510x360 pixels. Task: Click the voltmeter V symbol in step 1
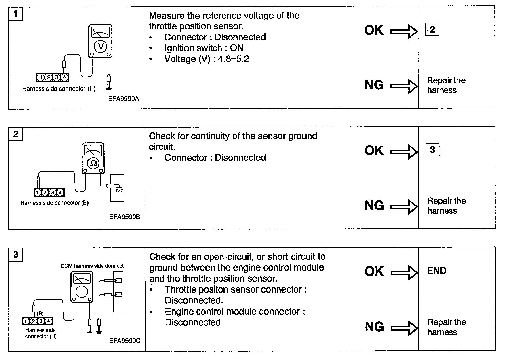(x=100, y=46)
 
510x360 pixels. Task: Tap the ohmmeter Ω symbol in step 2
(x=93, y=163)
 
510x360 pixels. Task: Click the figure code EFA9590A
(x=124, y=99)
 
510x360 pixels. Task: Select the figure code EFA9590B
(x=124, y=216)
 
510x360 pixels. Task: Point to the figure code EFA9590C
(x=124, y=341)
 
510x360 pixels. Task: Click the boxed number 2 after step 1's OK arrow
(x=432, y=30)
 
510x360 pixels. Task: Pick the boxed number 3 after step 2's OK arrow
(x=432, y=150)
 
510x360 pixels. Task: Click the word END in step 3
(x=437, y=271)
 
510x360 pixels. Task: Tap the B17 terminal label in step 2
(x=119, y=191)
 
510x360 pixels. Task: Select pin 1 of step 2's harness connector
(x=38, y=193)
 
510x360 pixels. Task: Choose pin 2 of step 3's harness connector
(x=33, y=321)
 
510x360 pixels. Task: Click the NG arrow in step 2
(x=404, y=206)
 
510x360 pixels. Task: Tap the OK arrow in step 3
(x=404, y=272)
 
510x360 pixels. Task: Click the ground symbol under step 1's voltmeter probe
(x=109, y=89)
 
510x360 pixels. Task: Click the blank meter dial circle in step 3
(x=81, y=292)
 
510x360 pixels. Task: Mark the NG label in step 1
(x=374, y=85)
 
